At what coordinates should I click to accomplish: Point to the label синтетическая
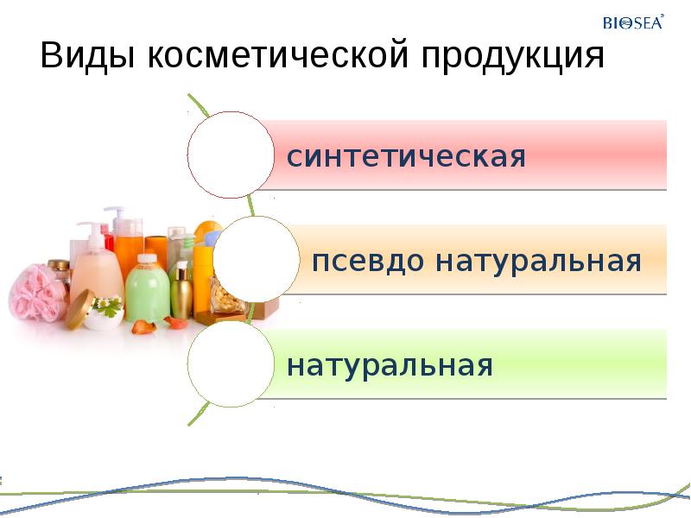(406, 158)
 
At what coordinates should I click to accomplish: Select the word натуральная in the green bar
(390, 366)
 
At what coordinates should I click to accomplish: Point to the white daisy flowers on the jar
(107, 304)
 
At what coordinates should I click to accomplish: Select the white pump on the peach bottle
(90, 231)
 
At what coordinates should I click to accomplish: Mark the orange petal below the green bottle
(142, 326)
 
